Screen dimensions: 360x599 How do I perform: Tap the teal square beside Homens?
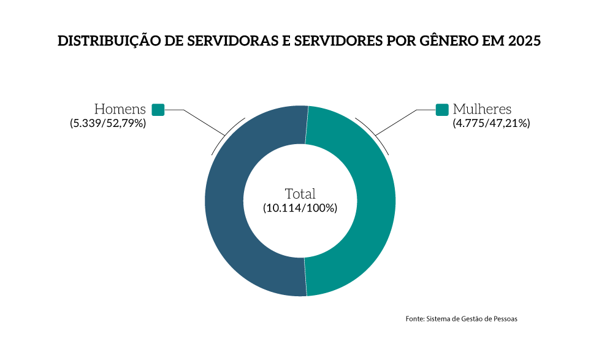158,110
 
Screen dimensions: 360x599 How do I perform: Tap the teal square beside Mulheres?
442,110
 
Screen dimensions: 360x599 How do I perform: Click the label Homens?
120,110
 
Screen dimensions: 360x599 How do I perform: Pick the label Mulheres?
482,110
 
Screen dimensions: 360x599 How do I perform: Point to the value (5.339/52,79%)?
107,123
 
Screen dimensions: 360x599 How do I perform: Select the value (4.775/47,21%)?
491,123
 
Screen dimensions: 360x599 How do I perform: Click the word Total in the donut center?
300,193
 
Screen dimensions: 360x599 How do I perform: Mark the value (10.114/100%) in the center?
300,208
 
